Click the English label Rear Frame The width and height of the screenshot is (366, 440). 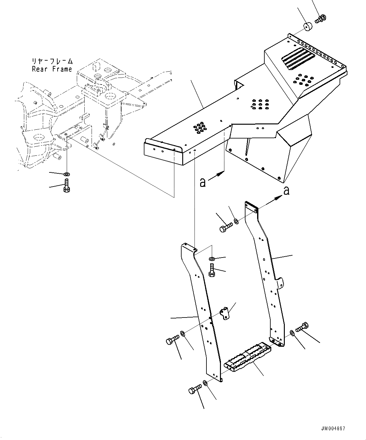point(52,69)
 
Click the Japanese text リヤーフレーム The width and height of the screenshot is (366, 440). point(52,61)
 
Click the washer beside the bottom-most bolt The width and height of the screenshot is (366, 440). point(205,383)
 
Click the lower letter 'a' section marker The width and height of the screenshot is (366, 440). point(203,183)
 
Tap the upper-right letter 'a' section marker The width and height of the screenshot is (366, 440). point(286,190)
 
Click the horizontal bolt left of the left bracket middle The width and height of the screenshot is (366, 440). point(172,340)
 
